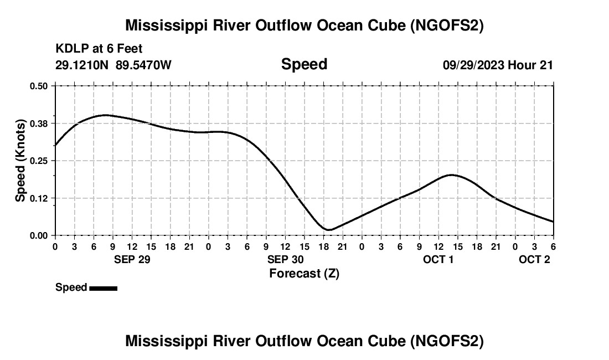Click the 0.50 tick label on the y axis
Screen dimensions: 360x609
click(x=40, y=86)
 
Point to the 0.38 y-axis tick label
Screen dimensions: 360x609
click(x=40, y=123)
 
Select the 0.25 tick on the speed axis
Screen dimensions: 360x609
click(x=40, y=161)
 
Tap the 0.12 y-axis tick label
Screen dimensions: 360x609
click(x=40, y=198)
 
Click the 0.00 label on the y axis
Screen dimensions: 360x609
click(x=40, y=235)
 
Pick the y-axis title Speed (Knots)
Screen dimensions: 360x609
click(x=20, y=161)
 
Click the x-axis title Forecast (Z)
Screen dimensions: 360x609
click(x=304, y=274)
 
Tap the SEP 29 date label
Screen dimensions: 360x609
click(x=132, y=260)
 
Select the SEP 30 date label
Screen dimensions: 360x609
click(x=285, y=260)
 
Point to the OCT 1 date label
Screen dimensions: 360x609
click(x=438, y=260)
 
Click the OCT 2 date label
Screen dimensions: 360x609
click(x=534, y=260)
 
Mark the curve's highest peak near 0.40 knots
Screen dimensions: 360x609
click(x=105, y=115)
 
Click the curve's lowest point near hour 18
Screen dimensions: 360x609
click(x=329, y=230)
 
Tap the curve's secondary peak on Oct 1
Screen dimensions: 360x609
click(x=452, y=175)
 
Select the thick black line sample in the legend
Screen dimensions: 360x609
click(x=103, y=288)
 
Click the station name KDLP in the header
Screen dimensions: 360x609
click(x=69, y=49)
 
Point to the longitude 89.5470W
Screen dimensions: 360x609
click(x=143, y=65)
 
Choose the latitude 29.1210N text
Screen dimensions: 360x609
click(x=82, y=65)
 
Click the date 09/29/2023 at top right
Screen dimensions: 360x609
click(x=473, y=65)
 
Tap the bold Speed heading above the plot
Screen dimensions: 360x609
click(x=304, y=64)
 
